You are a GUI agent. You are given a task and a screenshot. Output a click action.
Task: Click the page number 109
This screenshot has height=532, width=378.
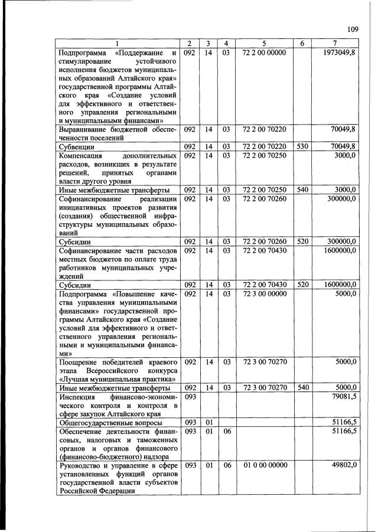pos(353,30)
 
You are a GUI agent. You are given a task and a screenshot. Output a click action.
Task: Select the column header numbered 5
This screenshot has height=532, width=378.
pos(264,44)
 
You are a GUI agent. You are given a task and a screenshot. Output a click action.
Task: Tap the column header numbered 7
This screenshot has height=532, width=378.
pos(335,44)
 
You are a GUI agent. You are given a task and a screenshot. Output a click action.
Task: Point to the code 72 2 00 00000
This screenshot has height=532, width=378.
pos(264,53)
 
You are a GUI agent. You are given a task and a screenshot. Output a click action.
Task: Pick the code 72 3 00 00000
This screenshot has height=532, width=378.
pos(264,293)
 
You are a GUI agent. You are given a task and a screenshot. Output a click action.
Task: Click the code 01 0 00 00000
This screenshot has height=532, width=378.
pos(264,465)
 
